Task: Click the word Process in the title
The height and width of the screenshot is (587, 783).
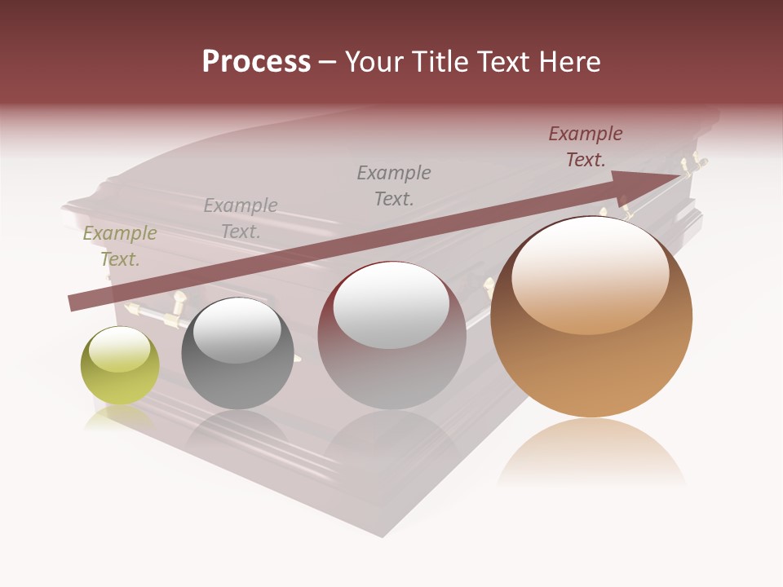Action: click(256, 62)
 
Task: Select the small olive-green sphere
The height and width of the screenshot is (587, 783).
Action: click(120, 365)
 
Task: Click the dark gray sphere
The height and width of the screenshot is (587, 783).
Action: click(237, 353)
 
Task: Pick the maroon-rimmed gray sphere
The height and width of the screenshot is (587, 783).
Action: click(391, 335)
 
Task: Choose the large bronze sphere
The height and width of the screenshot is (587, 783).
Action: click(591, 317)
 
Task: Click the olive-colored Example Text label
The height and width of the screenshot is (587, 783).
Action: click(120, 246)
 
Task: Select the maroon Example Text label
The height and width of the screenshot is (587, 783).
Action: click(586, 147)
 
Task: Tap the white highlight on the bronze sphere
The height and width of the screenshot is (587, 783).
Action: click(590, 276)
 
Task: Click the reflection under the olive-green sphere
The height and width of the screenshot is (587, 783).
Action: click(119, 418)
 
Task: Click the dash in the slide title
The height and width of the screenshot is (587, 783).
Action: click(328, 62)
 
